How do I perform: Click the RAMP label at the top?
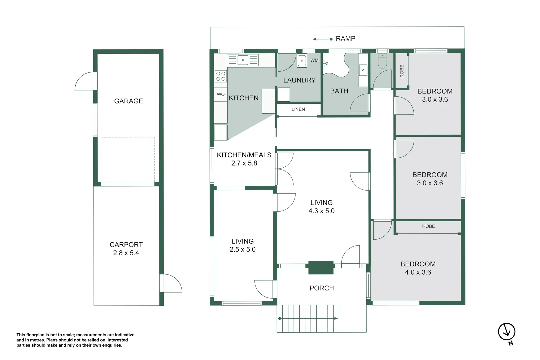[345, 39]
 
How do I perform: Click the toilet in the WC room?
[382, 61]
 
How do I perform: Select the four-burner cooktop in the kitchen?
[221, 76]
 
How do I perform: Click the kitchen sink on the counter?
[243, 60]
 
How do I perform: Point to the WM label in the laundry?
[314, 60]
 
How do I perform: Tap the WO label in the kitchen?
[221, 94]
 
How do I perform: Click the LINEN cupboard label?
[298, 109]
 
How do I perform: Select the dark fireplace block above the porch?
[321, 267]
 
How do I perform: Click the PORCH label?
[322, 288]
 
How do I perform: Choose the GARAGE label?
[128, 101]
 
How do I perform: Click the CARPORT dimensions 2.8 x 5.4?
[126, 253]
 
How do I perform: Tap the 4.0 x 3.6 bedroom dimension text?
[418, 272]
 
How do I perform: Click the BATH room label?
[339, 91]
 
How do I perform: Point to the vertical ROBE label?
[402, 71]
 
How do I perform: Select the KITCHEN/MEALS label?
[244, 155]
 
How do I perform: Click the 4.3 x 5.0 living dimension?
[322, 211]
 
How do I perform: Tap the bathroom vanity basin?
[363, 70]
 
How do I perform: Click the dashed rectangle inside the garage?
[128, 159]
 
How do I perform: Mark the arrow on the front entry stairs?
[308, 319]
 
